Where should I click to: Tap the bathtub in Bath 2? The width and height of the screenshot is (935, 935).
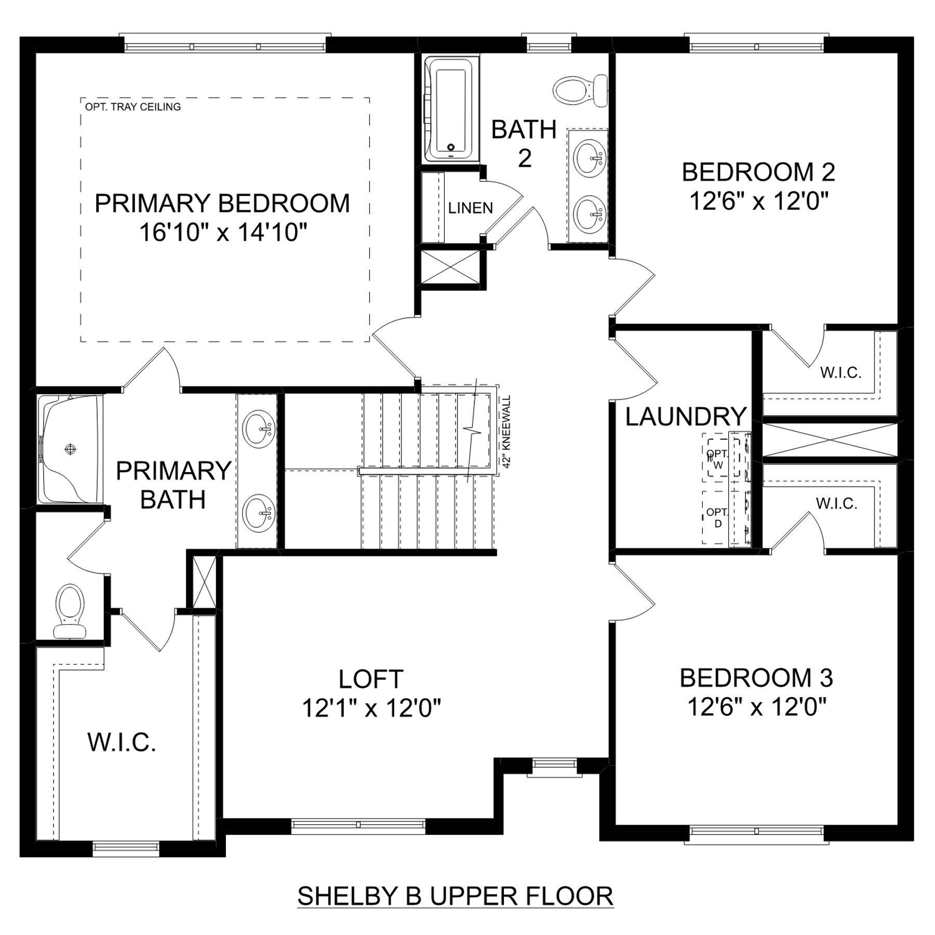(451, 109)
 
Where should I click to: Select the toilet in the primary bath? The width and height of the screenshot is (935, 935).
(71, 611)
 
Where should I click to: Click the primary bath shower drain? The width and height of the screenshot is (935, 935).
(70, 449)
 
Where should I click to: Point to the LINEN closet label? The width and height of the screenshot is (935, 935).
(471, 208)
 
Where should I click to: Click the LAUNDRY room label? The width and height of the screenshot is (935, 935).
(686, 417)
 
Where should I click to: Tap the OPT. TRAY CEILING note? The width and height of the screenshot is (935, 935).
(133, 107)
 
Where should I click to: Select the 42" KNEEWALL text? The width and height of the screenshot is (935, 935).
(507, 432)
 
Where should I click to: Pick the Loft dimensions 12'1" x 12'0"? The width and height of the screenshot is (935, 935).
(371, 708)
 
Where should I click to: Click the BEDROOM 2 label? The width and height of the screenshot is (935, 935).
(758, 172)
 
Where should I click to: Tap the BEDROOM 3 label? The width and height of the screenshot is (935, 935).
(756, 678)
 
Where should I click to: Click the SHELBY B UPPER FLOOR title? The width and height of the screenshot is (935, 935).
(455, 896)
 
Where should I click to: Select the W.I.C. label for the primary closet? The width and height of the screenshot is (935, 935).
(122, 742)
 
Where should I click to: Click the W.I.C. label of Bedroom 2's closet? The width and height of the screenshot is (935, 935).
(841, 372)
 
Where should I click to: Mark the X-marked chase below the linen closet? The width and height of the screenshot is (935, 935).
(450, 267)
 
